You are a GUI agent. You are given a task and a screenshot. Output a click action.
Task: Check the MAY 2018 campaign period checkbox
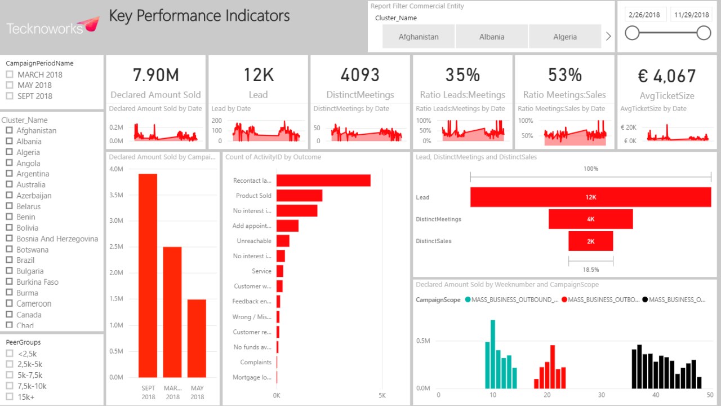[x=9, y=85]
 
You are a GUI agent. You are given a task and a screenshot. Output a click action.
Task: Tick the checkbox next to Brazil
[x=9, y=261]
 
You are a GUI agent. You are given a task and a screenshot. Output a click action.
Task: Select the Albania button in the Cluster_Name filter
[x=492, y=37]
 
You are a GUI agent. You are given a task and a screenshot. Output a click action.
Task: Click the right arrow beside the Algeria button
[x=608, y=37]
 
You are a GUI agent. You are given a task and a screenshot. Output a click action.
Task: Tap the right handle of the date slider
[x=704, y=33]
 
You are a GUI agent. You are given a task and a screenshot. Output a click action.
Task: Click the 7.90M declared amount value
[x=155, y=75]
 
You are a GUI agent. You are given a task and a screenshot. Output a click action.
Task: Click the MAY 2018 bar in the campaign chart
[x=197, y=338]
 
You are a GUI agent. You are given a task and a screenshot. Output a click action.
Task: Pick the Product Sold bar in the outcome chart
[x=299, y=196]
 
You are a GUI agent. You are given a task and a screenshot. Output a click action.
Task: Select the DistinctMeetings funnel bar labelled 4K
[x=590, y=219]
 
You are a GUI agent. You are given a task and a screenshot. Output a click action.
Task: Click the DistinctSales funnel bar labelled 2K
[x=590, y=241]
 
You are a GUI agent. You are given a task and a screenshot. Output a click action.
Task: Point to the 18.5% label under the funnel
[x=590, y=270]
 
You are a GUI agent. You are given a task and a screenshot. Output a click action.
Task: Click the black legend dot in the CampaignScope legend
[x=644, y=300]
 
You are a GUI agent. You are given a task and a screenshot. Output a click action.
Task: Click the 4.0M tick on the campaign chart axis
[x=116, y=169]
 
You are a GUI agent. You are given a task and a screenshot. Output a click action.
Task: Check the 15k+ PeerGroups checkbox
[x=9, y=397]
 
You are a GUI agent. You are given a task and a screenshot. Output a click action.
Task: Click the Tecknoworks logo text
[x=45, y=28]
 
